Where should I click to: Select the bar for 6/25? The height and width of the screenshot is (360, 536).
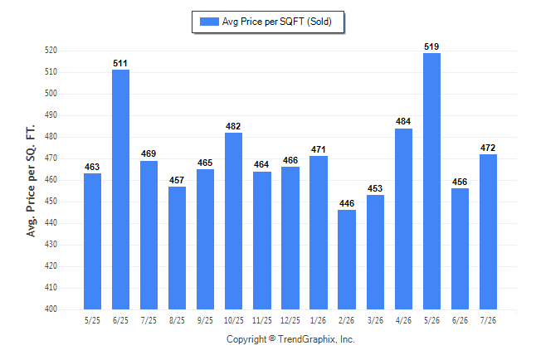coord(120,189)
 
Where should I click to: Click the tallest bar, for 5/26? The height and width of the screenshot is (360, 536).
coord(431,181)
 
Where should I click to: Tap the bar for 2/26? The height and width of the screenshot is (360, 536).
coord(347,260)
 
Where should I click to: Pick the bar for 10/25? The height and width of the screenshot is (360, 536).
coord(233,221)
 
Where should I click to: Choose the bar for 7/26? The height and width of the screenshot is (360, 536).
coord(488,231)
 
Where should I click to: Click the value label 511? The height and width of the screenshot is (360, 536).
coord(120,63)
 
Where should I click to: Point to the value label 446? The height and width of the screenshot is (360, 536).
coord(347,203)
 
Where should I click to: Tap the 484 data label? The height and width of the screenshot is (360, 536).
coord(403,121)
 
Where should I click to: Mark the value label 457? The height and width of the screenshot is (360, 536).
coord(177,180)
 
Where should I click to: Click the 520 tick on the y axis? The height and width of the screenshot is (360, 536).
coord(51,51)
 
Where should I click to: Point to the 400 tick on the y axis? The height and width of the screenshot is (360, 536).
coord(51,309)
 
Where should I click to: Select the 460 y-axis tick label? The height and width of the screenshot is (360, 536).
coord(51,179)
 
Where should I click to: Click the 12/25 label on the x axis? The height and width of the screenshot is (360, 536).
coord(290,320)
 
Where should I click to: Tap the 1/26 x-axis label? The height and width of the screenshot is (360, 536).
coord(319,320)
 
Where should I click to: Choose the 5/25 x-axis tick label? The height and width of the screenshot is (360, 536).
coord(92,320)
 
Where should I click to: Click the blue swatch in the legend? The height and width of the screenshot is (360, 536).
coord(209,22)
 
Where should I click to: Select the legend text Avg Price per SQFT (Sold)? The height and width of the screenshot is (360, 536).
coord(277,22)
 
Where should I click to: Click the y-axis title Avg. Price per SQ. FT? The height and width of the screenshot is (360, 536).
coord(31,181)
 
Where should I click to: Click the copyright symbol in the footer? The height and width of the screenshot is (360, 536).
coord(272,338)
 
